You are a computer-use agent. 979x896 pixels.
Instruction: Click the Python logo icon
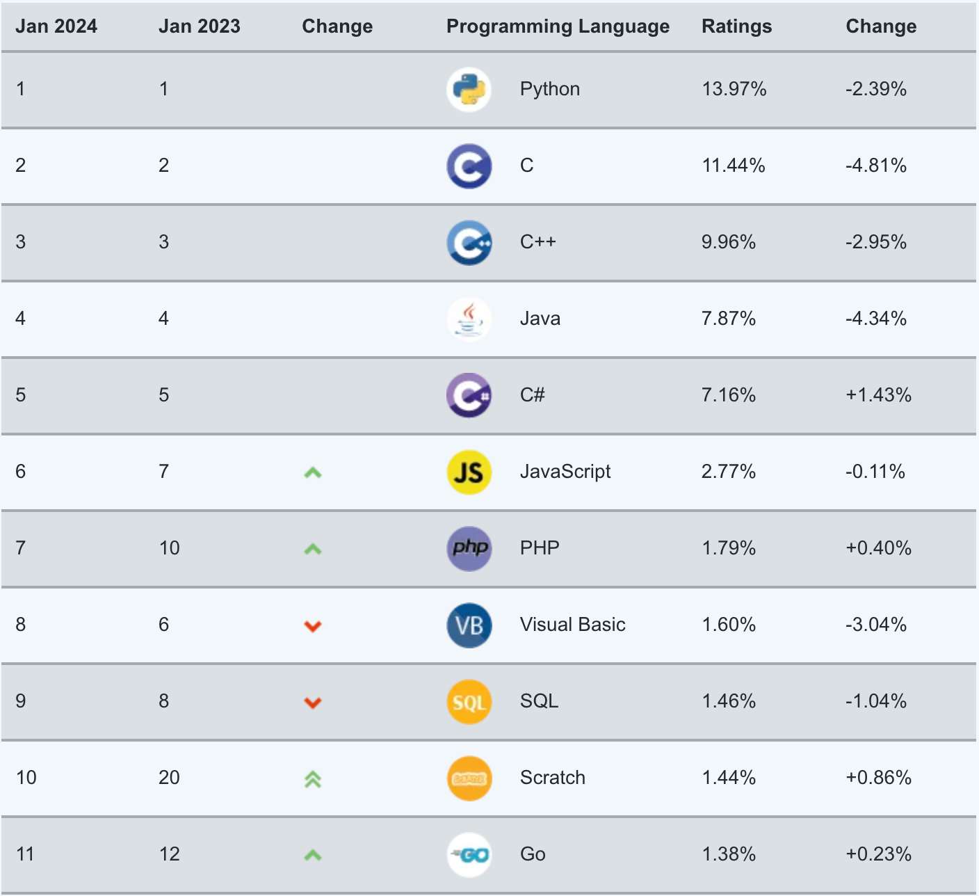tap(469, 90)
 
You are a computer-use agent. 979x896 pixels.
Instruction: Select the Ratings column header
tap(736, 26)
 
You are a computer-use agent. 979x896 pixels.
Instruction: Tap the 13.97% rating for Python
tap(734, 89)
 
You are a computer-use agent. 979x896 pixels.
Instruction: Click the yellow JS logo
tap(469, 472)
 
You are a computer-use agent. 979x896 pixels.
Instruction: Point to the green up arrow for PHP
tap(313, 549)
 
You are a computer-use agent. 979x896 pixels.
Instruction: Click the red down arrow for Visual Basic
tap(313, 626)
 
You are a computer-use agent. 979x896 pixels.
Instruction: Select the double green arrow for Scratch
tap(313, 779)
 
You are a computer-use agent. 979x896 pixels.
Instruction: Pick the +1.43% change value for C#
tap(878, 395)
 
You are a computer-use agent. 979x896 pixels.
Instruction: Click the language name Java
tap(540, 319)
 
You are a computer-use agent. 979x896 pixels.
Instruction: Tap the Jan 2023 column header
tap(199, 26)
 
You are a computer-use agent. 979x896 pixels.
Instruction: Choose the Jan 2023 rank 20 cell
tap(169, 778)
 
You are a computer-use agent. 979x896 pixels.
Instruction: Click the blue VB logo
tap(469, 625)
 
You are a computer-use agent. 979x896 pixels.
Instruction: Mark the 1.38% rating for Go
tap(728, 854)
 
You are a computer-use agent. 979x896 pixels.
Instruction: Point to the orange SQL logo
tap(469, 702)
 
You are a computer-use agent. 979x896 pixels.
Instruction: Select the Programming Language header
tap(558, 26)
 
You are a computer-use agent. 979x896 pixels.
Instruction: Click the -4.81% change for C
tap(875, 166)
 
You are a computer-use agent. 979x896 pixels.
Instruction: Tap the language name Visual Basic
tap(572, 625)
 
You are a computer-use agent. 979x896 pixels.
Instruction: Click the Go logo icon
tap(469, 855)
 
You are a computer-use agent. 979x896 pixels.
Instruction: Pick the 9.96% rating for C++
tap(728, 242)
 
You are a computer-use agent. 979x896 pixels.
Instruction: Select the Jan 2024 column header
tap(56, 26)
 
